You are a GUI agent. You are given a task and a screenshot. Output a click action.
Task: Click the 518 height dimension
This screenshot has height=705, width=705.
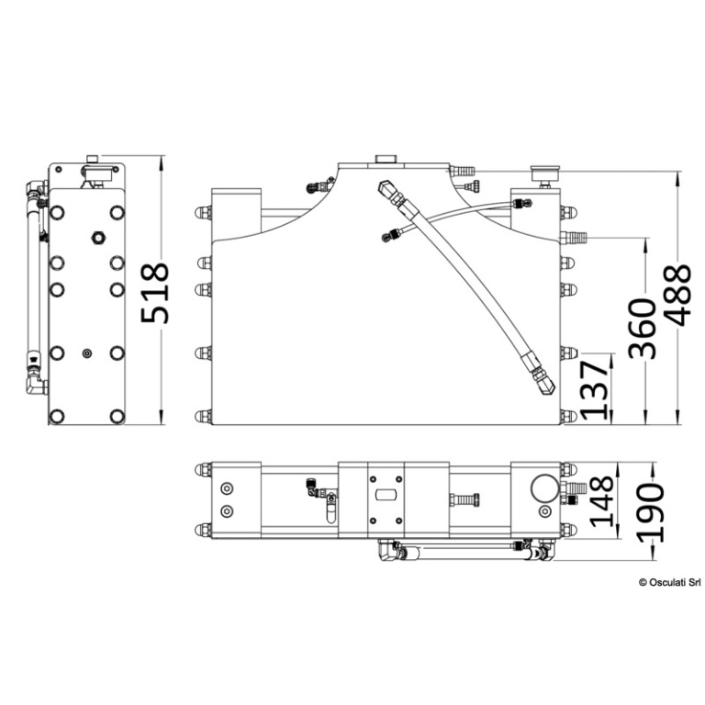point(154,294)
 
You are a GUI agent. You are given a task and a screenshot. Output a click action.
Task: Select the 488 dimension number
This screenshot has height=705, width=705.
point(677,295)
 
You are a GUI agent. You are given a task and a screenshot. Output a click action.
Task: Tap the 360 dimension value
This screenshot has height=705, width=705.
point(642,329)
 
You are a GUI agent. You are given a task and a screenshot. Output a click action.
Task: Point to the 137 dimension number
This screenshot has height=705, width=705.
point(594,390)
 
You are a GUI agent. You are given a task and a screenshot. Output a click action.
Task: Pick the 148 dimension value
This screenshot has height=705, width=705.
point(601,501)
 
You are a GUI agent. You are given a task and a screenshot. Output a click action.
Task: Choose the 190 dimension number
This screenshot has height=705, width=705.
point(651,512)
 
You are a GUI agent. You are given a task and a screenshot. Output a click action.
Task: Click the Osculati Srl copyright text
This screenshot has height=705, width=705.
point(669,582)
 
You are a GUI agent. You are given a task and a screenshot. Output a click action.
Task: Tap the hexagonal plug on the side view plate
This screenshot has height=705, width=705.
point(97,238)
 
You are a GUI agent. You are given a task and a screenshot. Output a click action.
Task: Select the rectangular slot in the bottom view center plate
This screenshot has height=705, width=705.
point(386,495)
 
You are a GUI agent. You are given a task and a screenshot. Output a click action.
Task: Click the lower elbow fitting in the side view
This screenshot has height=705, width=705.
point(37,385)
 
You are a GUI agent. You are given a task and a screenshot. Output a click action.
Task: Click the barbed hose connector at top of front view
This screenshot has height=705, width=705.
point(463,171)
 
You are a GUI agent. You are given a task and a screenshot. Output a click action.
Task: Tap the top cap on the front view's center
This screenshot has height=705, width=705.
point(386,159)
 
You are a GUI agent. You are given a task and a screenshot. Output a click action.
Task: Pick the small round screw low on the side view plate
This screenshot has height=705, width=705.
point(87,353)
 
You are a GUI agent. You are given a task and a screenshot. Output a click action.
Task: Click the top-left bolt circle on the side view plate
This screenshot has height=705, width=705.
point(57,212)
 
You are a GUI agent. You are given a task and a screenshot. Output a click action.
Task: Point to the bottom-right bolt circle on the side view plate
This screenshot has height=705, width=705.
point(117,416)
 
